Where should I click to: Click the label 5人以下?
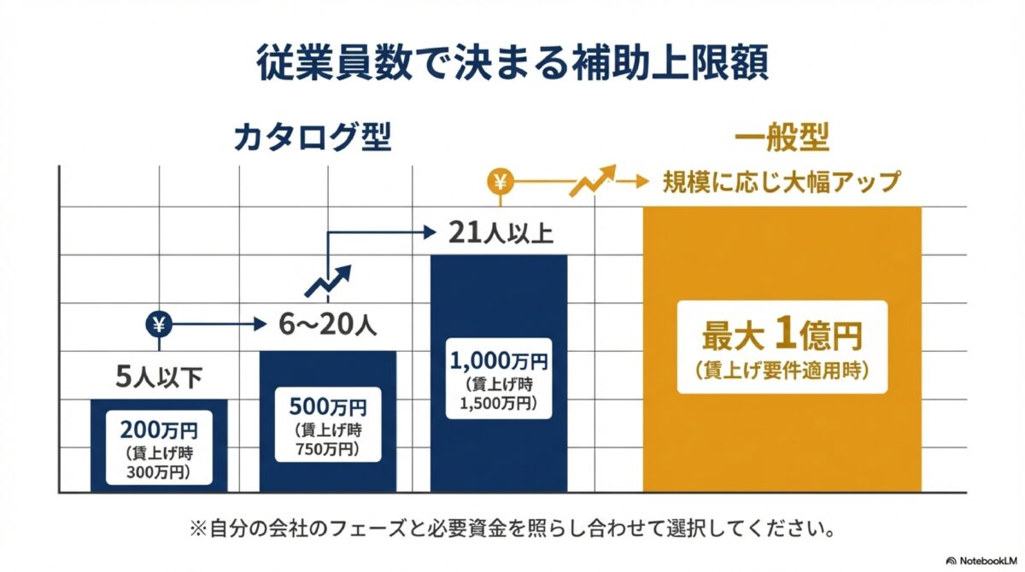[160, 376]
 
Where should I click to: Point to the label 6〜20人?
[327, 325]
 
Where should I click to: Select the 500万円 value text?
[327, 405]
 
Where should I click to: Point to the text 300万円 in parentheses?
[160, 471]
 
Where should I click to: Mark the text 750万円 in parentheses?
[327, 448]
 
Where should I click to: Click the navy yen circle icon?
[160, 324]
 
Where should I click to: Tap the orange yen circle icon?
[500, 182]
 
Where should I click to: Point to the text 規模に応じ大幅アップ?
[782, 183]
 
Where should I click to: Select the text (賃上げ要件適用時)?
[782, 370]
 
